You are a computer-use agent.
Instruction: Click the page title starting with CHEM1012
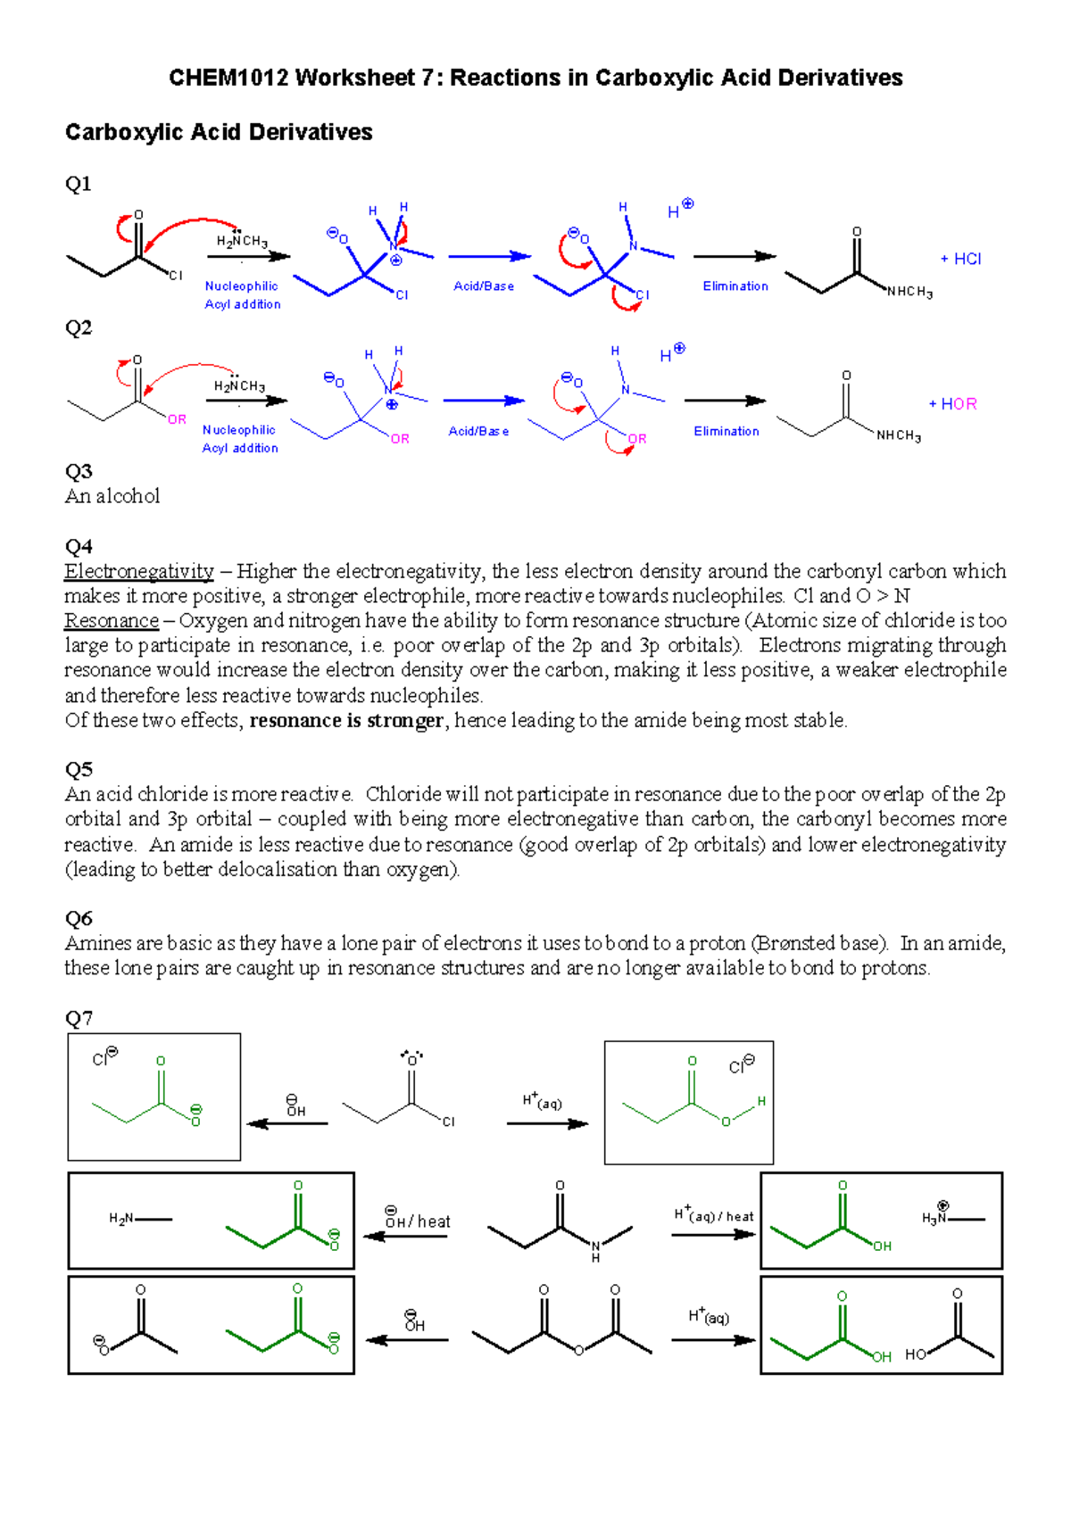535,79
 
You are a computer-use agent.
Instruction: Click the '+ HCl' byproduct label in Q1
960,259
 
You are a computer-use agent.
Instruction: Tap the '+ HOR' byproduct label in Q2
952,404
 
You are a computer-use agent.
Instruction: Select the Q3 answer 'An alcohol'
112,496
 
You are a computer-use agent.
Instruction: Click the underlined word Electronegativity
139,571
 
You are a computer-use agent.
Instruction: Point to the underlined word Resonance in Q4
112,621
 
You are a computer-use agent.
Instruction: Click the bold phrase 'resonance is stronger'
346,721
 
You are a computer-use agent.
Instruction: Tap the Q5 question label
79,769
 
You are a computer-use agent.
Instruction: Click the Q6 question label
79,918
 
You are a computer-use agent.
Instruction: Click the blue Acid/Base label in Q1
484,286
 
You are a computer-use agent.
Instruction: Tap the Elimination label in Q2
726,432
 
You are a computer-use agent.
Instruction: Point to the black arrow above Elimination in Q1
735,257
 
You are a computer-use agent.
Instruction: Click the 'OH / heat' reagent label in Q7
417,1221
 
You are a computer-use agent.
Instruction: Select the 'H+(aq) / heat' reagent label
714,1215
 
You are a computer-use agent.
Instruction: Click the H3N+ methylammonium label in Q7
938,1217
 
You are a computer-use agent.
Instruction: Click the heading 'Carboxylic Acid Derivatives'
219,133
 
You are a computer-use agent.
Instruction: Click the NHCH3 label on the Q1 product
909,293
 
